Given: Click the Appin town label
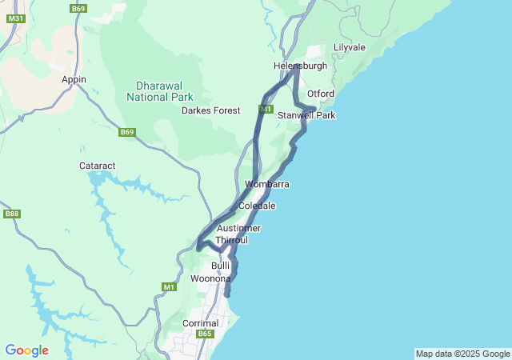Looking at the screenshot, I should click(x=74, y=79).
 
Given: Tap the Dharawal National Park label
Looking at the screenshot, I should click(x=160, y=91).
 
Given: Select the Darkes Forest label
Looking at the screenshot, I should click(x=211, y=110).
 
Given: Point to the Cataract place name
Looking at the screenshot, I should click(x=98, y=166).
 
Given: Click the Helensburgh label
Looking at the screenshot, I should click(x=300, y=66).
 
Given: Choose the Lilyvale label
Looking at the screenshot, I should click(x=349, y=47).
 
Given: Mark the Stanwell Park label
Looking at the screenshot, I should click(x=306, y=115).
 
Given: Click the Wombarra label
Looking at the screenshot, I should click(x=266, y=184).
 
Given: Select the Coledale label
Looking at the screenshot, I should click(x=257, y=206).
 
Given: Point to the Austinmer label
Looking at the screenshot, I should click(x=239, y=228).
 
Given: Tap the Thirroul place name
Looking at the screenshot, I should click(x=232, y=239).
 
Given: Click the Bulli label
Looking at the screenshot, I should click(x=220, y=265).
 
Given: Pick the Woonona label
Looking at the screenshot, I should click(x=210, y=278).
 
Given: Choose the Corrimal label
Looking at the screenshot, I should click(x=200, y=323).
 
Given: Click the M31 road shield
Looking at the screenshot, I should click(x=16, y=18).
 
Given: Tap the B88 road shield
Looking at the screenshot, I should click(x=11, y=214).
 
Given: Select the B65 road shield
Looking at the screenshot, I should click(x=206, y=334).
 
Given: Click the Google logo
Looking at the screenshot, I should click(x=26, y=350).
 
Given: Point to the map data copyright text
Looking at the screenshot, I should click(x=462, y=354).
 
